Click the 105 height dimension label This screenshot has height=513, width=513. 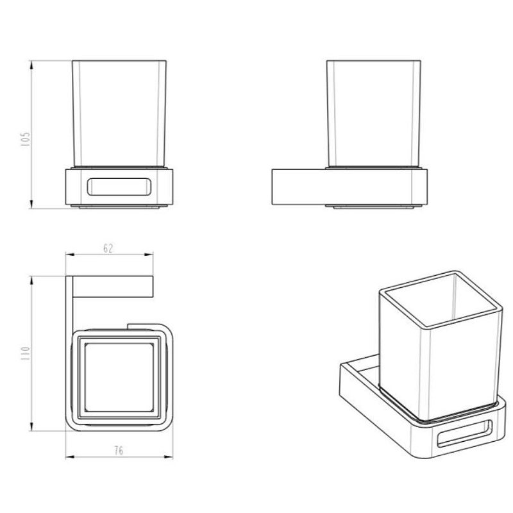pos(25,139)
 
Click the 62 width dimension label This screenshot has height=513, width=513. pos(108,248)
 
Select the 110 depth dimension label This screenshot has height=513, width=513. pos(25,354)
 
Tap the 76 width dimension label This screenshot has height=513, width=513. pos(119,451)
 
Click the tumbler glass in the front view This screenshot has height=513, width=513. pos(119,114)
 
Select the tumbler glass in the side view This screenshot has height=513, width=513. pos(374,114)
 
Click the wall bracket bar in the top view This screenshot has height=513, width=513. pos(113,287)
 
